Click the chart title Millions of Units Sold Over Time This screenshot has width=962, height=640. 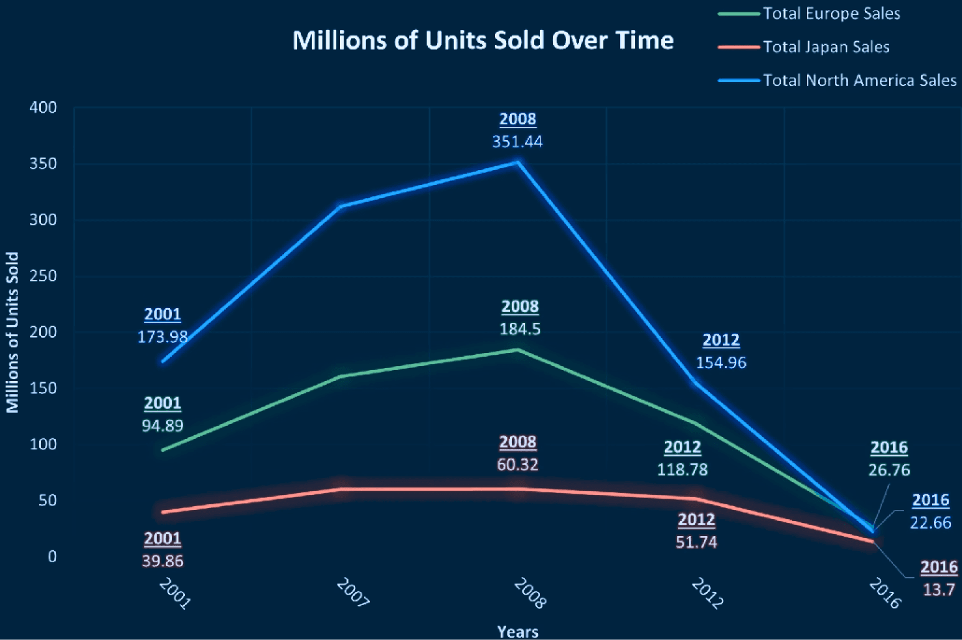483,40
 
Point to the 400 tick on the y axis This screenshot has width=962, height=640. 43,108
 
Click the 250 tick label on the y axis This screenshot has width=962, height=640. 43,276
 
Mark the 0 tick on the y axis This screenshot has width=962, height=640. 52,556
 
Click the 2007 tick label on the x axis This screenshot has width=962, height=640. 353,592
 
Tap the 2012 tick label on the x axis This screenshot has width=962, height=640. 708,593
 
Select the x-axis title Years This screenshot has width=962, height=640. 517,632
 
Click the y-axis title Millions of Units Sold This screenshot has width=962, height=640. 12,332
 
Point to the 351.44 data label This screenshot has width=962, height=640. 517,142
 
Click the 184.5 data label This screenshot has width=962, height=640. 520,329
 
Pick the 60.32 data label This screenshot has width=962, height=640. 517,465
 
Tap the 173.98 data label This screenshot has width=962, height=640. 163,337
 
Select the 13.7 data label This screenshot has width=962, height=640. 938,590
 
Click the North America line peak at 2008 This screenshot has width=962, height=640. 517,162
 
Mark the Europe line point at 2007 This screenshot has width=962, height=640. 340,377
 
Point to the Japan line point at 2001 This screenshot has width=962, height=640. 163,512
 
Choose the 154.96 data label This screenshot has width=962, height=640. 721,363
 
